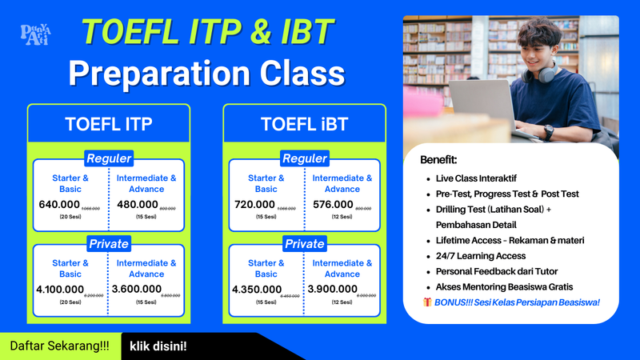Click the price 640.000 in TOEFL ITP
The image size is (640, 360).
59,204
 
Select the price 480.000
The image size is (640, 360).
137,204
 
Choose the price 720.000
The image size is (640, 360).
254,204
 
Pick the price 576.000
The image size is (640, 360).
331,204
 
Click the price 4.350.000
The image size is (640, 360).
257,289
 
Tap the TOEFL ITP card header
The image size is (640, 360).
109,124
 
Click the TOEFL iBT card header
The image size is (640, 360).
304,124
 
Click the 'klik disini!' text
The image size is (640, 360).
158,346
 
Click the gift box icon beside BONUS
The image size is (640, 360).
426,302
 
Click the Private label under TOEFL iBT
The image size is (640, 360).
304,243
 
